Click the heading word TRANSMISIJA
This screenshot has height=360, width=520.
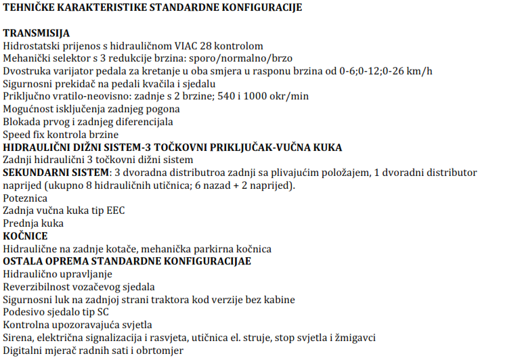click(36, 33)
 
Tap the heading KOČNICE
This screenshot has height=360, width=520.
click(25, 236)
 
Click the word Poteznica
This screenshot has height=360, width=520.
click(25, 198)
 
